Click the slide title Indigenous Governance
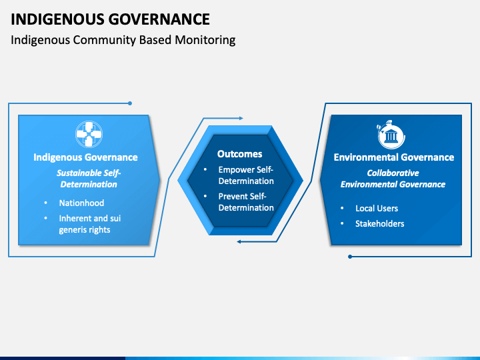tap(111, 19)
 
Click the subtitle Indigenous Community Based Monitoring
tap(123, 40)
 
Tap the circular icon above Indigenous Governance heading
tap(86, 134)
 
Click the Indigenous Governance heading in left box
tap(86, 157)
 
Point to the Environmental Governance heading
tap(393, 157)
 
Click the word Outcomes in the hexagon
tap(240, 154)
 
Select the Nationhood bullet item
tap(81, 203)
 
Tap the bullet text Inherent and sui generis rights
tap(89, 224)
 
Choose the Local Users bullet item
tap(377, 208)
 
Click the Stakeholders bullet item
tap(379, 223)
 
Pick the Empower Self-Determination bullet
tap(245, 175)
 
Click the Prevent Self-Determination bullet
tap(245, 202)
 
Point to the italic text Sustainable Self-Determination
tap(88, 178)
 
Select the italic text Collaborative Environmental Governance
tap(393, 179)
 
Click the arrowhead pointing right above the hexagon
tap(241, 119)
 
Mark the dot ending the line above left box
tap(130, 103)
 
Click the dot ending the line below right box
tap(350, 256)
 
